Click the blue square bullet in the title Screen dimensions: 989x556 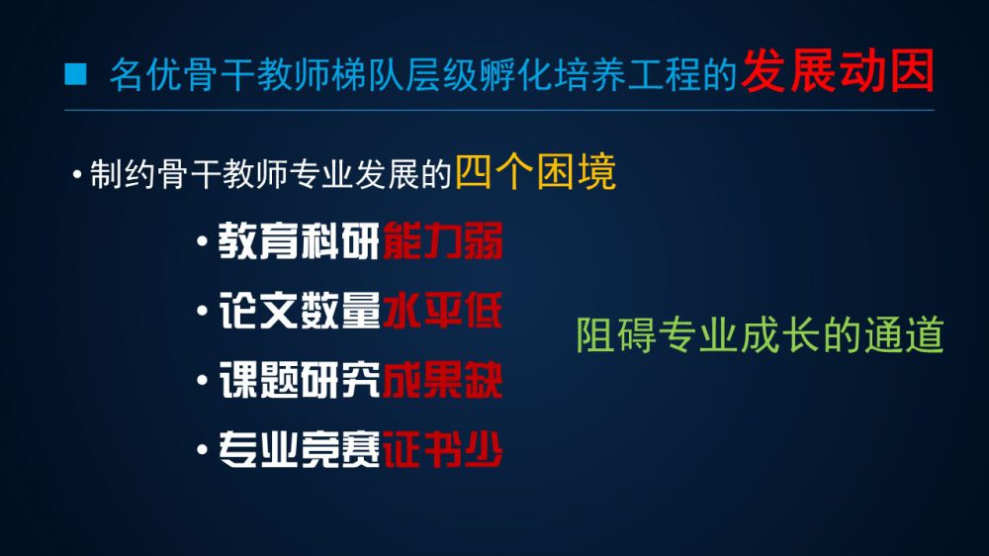point(75,74)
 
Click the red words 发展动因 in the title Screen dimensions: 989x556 point(838,71)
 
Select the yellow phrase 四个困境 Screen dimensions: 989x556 point(535,172)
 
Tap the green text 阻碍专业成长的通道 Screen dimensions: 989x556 point(760,335)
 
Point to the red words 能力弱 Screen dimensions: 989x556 point(442,241)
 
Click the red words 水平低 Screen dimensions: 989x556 point(442,311)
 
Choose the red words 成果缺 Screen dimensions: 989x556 point(442,381)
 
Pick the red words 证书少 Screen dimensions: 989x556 point(442,450)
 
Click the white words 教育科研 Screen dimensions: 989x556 point(299,241)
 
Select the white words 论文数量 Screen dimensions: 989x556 point(299,311)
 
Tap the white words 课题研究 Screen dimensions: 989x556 point(299,381)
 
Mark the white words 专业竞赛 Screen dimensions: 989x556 point(299,450)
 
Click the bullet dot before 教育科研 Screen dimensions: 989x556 point(202,241)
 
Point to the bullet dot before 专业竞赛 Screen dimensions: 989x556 point(202,450)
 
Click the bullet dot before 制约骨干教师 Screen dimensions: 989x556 point(77,174)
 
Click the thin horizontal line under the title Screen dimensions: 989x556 point(498,111)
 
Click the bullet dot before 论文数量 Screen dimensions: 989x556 point(202,311)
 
